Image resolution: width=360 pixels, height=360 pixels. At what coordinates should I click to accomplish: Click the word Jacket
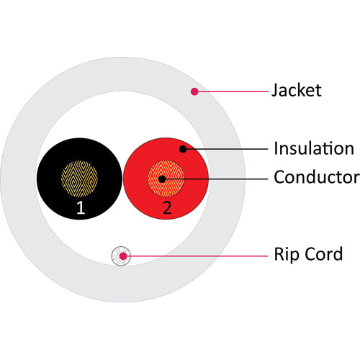297,91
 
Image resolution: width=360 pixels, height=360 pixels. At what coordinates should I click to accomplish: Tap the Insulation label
314,148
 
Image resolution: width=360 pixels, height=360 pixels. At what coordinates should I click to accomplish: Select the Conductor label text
317,177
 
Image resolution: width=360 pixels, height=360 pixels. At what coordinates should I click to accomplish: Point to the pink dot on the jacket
194,91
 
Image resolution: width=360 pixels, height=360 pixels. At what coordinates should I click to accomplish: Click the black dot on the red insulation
183,149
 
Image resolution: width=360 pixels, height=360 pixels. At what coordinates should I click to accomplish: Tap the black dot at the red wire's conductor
162,179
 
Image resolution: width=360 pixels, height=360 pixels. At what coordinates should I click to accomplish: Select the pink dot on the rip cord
123,256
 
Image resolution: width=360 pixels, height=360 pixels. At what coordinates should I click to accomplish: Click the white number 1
81,207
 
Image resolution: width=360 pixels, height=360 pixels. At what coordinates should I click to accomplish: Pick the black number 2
167,207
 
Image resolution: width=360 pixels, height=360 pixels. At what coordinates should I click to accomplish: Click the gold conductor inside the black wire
79,179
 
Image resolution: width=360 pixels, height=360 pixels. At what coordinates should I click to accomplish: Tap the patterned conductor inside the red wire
166,179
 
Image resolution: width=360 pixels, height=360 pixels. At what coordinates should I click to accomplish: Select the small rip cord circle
121,256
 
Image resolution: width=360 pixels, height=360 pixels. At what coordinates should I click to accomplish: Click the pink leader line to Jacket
233,91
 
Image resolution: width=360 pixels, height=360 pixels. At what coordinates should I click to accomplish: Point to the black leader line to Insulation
228,149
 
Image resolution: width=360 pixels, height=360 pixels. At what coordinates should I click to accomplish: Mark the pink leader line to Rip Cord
197,256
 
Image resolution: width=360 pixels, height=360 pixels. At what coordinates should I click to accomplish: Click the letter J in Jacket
274,91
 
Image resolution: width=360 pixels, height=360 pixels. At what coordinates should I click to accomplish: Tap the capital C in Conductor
280,177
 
